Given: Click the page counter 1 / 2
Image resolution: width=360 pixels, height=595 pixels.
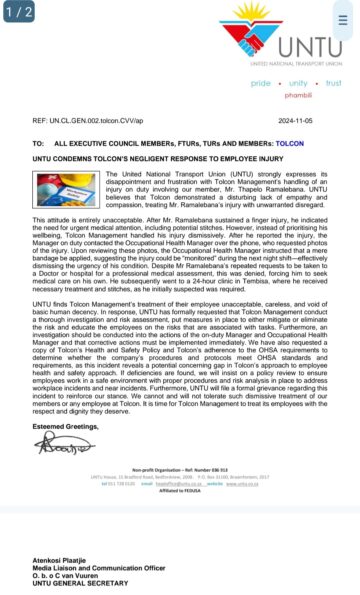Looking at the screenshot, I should point(18,12).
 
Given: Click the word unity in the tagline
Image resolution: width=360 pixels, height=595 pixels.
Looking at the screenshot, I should point(296,83).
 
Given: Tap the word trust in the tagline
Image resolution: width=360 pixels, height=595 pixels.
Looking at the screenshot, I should point(333,83).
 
